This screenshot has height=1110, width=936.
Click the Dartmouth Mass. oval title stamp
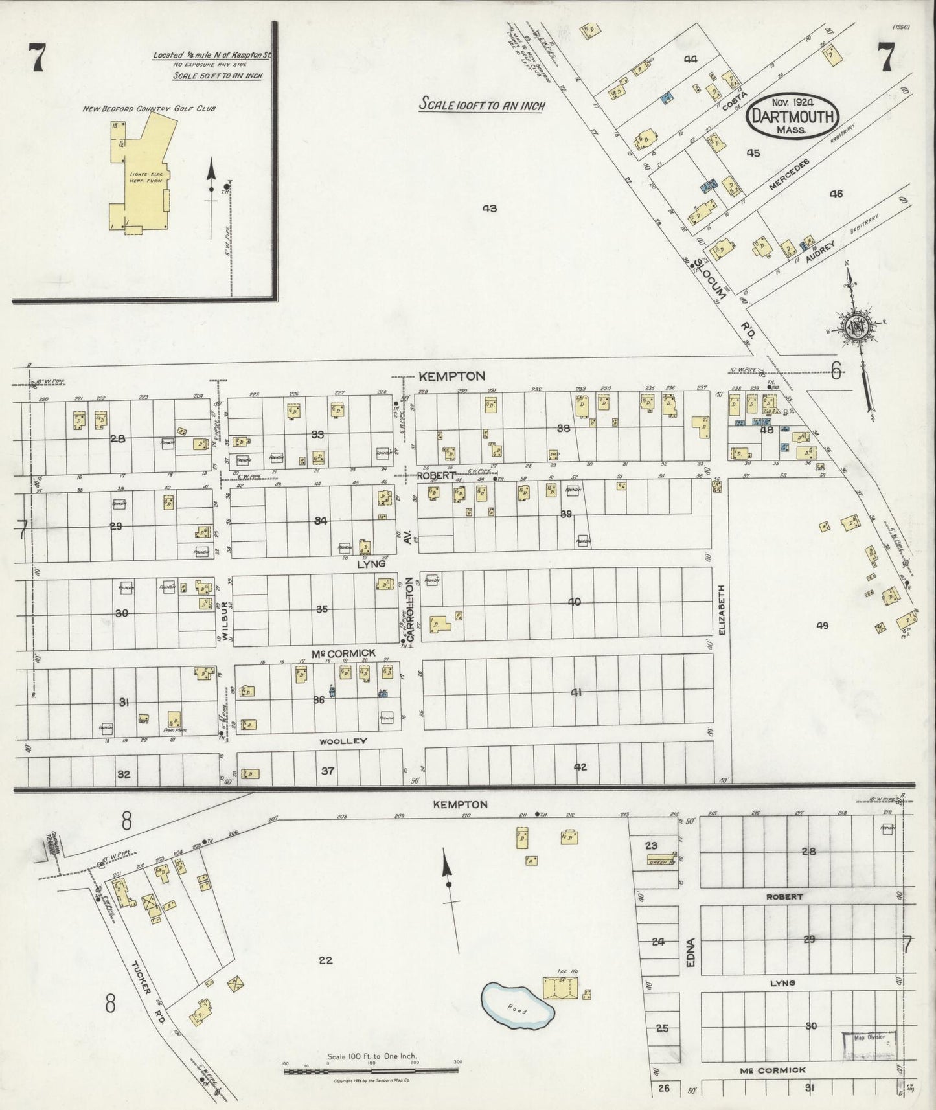click(x=793, y=116)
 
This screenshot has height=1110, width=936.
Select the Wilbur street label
click(x=225, y=620)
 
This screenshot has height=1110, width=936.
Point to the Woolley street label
click(x=343, y=741)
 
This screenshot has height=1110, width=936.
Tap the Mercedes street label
click(x=789, y=174)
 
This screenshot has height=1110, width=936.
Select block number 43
click(x=489, y=209)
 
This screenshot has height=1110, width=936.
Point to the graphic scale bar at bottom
click(x=371, y=1070)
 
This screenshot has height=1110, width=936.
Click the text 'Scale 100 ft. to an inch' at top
click(x=481, y=104)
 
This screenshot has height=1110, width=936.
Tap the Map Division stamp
click(x=869, y=1038)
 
